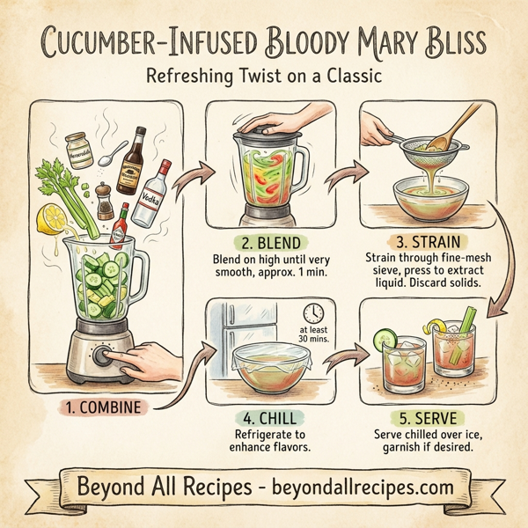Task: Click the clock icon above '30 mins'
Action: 312,312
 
